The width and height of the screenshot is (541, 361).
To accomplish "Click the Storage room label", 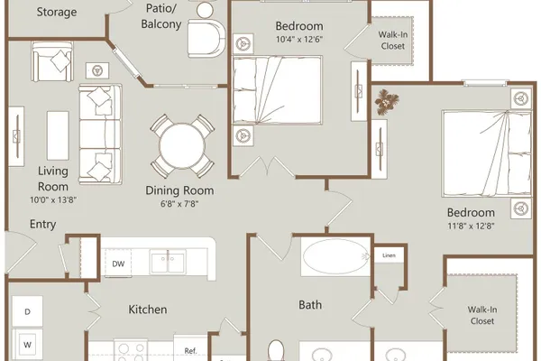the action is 57,12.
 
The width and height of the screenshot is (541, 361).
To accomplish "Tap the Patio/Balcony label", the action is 161,16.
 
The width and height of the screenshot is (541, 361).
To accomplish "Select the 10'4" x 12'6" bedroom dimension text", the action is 299,40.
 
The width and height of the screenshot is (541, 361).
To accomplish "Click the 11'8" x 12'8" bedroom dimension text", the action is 471,227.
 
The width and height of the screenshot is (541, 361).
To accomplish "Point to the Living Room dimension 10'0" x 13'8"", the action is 53,199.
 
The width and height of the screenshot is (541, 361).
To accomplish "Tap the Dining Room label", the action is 179,190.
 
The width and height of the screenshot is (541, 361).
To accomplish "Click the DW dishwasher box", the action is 118,264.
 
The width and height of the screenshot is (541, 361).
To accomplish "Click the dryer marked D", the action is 27,311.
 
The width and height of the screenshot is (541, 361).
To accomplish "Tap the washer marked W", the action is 27,345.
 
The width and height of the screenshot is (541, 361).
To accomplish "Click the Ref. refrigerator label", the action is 190,351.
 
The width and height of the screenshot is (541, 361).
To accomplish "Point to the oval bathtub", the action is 335,256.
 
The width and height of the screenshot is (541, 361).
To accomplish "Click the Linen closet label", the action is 389,255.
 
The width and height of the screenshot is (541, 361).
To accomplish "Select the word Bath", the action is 310,305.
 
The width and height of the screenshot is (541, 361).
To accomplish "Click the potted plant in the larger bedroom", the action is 387,102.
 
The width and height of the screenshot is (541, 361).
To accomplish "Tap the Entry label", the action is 42,224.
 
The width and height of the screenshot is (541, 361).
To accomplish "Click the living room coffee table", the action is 58,135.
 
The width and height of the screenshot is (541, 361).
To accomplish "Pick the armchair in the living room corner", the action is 52,61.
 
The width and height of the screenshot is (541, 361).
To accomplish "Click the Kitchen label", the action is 148,310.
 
